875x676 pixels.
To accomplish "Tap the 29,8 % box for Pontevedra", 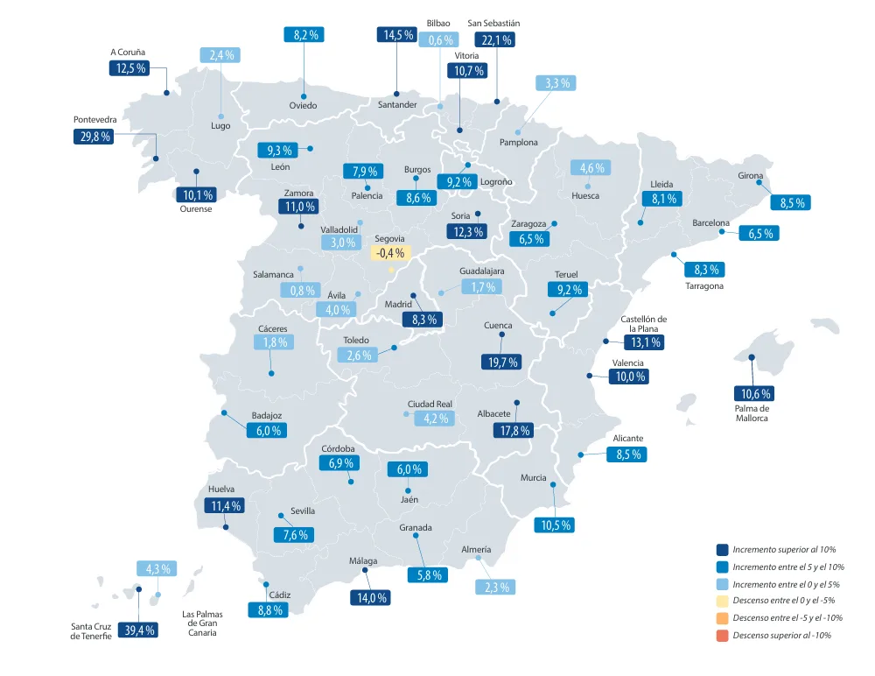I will (x=93, y=137).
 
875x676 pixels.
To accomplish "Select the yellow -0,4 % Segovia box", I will (x=389, y=253).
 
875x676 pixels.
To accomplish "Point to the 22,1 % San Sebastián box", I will (x=494, y=39).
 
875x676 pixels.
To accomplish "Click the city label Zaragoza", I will (x=528, y=224).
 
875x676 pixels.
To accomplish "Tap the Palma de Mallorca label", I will (x=752, y=412).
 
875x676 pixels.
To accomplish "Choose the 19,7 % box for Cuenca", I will (x=500, y=361).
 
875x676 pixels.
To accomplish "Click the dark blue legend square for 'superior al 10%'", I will (x=722, y=549).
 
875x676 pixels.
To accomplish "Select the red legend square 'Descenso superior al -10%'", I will (x=722, y=635).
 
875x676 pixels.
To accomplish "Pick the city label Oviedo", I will (x=303, y=106).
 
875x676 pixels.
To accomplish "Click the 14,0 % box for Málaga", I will (x=368, y=598).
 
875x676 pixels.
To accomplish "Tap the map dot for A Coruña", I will (x=166, y=93).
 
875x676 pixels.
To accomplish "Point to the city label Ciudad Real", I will (x=430, y=404).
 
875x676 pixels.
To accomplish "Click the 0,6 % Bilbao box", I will (x=438, y=39).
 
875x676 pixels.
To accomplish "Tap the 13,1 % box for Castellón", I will (x=642, y=342).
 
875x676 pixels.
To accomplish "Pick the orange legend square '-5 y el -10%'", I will (x=722, y=617).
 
